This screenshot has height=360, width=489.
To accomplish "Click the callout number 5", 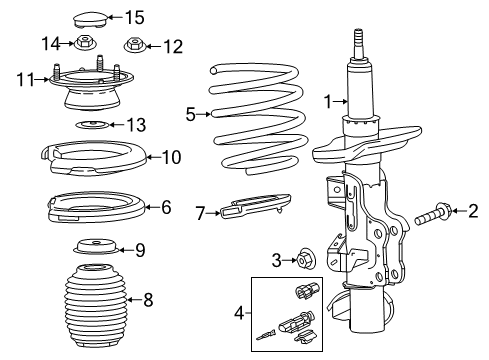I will pos(191,114).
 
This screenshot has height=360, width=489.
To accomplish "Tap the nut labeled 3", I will pos(305,261).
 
